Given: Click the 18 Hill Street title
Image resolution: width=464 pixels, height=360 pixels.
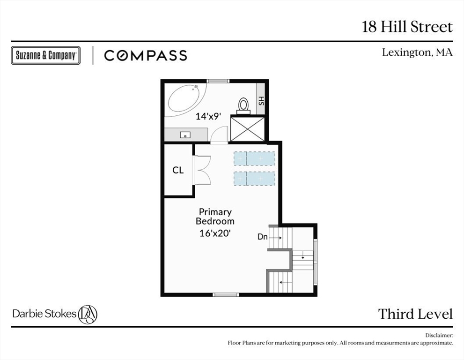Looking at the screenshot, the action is point(407,27).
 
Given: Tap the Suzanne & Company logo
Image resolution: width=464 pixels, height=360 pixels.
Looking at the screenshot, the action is point(46,55).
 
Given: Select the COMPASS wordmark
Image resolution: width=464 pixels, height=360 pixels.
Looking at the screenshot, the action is point(146,55).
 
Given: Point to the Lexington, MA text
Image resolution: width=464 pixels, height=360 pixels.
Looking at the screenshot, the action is point(417,52).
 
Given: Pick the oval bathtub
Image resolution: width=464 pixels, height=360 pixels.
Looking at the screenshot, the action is point(187,98).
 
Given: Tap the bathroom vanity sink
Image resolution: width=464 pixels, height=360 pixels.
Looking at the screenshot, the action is point(185,135).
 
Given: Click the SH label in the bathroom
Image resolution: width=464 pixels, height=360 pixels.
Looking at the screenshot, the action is point(261,101).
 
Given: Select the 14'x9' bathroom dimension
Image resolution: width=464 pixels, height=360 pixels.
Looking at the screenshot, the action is point(208,116).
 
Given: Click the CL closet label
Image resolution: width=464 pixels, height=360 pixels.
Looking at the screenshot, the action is point(178,170).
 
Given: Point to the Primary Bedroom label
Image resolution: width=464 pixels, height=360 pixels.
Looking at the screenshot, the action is point(215,217).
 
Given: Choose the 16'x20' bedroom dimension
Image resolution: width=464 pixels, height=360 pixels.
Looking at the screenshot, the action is point(215,233).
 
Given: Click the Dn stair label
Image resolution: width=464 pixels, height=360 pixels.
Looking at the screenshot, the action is point(263,237).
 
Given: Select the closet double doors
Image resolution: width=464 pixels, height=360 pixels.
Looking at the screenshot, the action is point(202,170).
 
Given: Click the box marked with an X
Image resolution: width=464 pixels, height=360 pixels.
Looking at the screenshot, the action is point(247,128).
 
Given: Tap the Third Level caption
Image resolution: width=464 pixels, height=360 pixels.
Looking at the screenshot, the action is point(415,314).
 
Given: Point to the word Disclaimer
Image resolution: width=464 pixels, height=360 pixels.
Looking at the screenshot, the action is point(439,336).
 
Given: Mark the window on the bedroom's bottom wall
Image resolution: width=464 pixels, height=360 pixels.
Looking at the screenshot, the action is point(226,294).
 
